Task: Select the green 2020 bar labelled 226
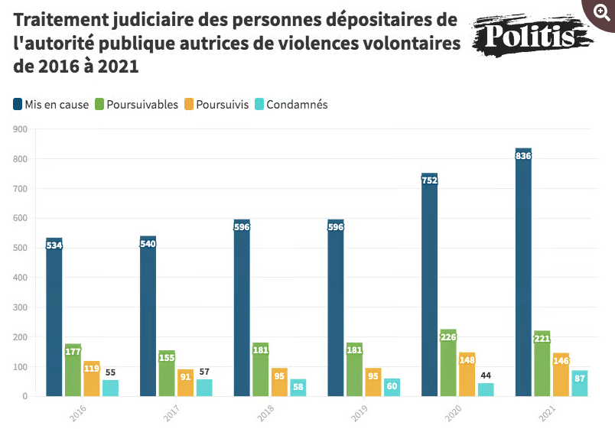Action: [x=448, y=362]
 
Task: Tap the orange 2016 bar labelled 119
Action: [x=92, y=379]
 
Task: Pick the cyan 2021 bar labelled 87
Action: [x=580, y=383]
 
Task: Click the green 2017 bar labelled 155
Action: [x=167, y=373]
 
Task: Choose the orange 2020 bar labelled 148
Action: [x=467, y=374]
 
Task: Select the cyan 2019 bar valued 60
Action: [x=392, y=387]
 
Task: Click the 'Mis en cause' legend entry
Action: [x=52, y=105]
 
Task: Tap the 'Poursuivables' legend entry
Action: [x=136, y=105]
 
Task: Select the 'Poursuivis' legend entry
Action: [x=216, y=105]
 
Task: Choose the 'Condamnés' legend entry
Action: [x=291, y=105]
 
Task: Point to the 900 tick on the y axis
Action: [x=20, y=129]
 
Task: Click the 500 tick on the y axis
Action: [x=20, y=248]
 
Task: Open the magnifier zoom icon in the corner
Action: [x=601, y=13]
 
